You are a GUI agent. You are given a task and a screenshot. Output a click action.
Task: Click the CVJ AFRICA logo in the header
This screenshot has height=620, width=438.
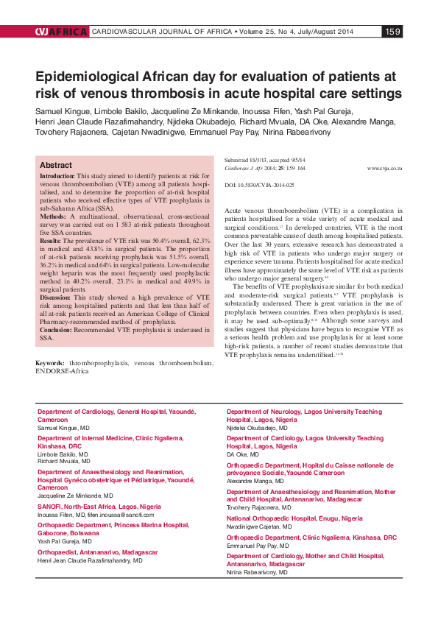click(60, 32)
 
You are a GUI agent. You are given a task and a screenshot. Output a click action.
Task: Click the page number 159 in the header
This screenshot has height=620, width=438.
click(392, 32)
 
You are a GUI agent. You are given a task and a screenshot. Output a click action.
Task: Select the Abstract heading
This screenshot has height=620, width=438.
click(55, 166)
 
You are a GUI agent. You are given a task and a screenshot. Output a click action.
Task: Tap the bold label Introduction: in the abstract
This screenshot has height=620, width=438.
click(57, 177)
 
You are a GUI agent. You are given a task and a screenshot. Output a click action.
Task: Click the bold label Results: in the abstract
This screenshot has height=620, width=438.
click(51, 241)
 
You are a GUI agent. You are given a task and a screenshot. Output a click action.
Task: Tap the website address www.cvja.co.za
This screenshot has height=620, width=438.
click(384, 169)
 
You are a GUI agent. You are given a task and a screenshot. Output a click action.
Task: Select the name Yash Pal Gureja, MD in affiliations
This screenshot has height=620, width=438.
click(64, 540)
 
